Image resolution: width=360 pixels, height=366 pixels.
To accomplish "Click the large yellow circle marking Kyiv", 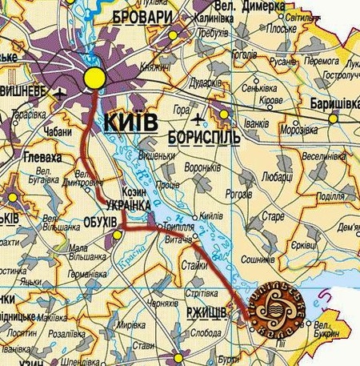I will (94, 78).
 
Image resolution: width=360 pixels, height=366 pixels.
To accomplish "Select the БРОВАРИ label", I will (142, 17).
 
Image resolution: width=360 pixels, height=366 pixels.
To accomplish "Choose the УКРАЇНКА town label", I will (128, 206).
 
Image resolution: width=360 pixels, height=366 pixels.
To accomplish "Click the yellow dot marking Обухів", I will (118, 234).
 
